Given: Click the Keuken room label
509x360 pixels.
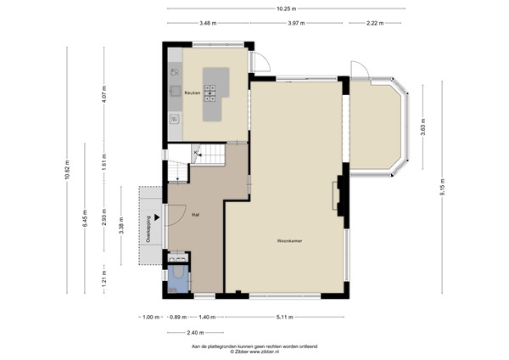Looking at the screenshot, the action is pos(193,93).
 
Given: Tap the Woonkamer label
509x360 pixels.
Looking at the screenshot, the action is pos(289,241).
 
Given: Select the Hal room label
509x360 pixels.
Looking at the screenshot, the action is pos(195,215).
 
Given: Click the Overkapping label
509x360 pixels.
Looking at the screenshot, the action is pos(148,229).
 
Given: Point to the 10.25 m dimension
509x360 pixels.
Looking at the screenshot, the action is pos(287,8).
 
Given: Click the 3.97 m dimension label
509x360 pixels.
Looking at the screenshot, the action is pos(296,23).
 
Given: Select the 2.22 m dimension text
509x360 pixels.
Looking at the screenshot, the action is pos(375,23).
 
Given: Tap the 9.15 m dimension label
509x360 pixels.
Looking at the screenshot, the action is pos(442,187).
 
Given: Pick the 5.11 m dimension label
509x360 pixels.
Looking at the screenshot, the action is pos(285,317).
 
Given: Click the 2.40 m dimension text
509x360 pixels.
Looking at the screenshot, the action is pos(195,332).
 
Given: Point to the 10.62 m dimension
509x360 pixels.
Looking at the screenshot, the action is pos(67,170).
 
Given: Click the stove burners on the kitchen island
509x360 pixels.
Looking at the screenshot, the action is pos(210,93).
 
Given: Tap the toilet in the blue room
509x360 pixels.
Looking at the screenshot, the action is pos(178,272).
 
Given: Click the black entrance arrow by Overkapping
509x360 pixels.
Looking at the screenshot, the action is pos(157,217).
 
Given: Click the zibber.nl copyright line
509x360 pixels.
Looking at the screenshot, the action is pos(255,352).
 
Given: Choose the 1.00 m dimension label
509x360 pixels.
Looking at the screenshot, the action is pos(151,317).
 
